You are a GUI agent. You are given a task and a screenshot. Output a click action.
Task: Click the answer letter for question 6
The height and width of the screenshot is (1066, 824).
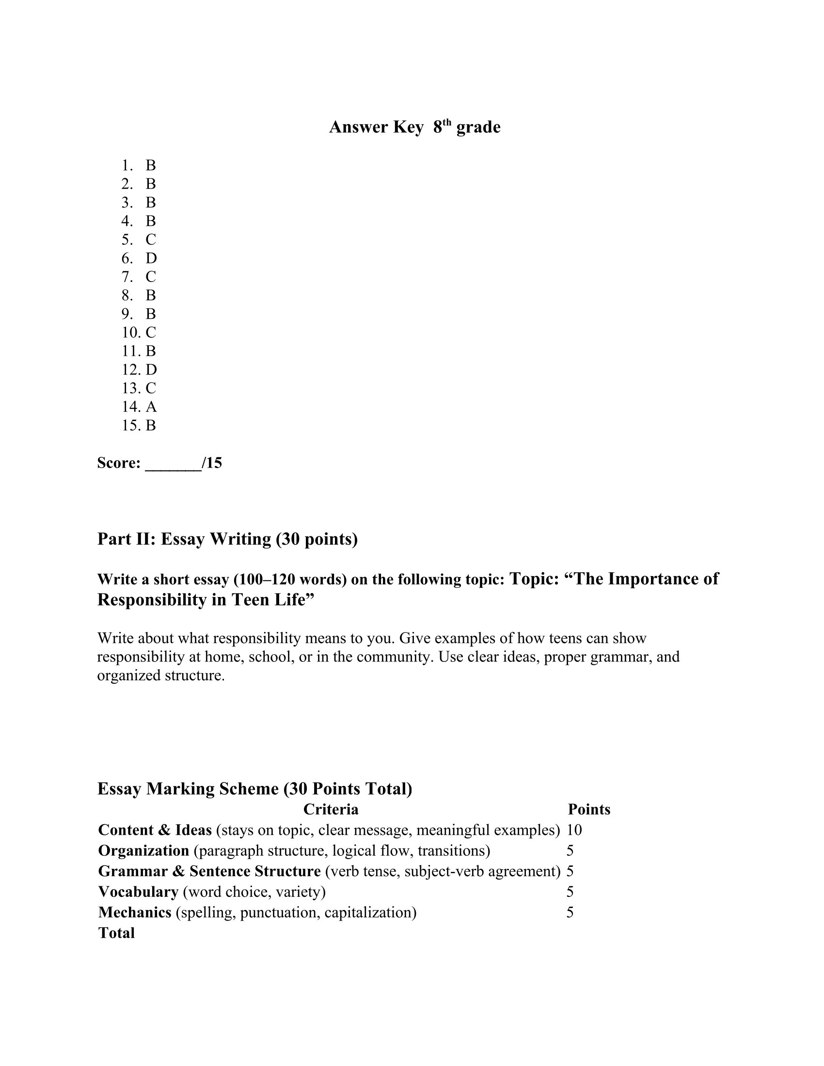pyautogui.click(x=151, y=258)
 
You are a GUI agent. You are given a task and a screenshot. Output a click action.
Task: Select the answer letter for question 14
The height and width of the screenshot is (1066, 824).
pyautogui.click(x=151, y=407)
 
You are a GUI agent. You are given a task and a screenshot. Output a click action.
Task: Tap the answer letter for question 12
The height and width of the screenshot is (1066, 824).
pyautogui.click(x=151, y=370)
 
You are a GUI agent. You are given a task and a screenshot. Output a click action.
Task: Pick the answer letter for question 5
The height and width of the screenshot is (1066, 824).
pyautogui.click(x=151, y=240)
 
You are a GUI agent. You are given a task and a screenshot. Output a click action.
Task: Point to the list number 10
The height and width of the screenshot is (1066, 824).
pyautogui.click(x=131, y=332)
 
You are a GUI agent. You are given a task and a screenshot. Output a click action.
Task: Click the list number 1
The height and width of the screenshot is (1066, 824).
pyautogui.click(x=127, y=165)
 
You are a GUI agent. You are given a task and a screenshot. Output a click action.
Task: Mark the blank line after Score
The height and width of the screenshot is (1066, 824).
pyautogui.click(x=174, y=463)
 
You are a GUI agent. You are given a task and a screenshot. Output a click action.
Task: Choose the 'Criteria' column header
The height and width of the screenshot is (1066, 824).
pyautogui.click(x=331, y=809)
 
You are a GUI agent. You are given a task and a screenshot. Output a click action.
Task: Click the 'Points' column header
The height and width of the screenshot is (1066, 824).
pyautogui.click(x=589, y=809)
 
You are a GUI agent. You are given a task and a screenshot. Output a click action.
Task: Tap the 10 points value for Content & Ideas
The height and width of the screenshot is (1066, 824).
pyautogui.click(x=574, y=830)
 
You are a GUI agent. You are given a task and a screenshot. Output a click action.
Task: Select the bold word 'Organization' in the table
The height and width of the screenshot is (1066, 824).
pyautogui.click(x=143, y=850)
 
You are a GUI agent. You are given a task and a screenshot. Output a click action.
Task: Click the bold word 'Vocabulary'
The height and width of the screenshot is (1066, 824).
pyautogui.click(x=138, y=891)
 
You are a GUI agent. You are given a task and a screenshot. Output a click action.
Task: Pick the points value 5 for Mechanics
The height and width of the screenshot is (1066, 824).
pyautogui.click(x=570, y=912)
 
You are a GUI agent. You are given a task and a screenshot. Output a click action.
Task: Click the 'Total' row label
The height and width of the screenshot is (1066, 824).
pyautogui.click(x=116, y=933)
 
